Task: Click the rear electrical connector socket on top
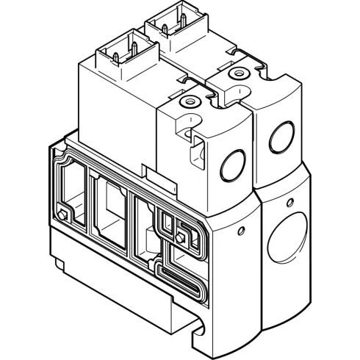coord(174,31)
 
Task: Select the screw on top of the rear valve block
coord(235,74)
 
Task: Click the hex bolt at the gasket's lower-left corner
coord(63,215)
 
